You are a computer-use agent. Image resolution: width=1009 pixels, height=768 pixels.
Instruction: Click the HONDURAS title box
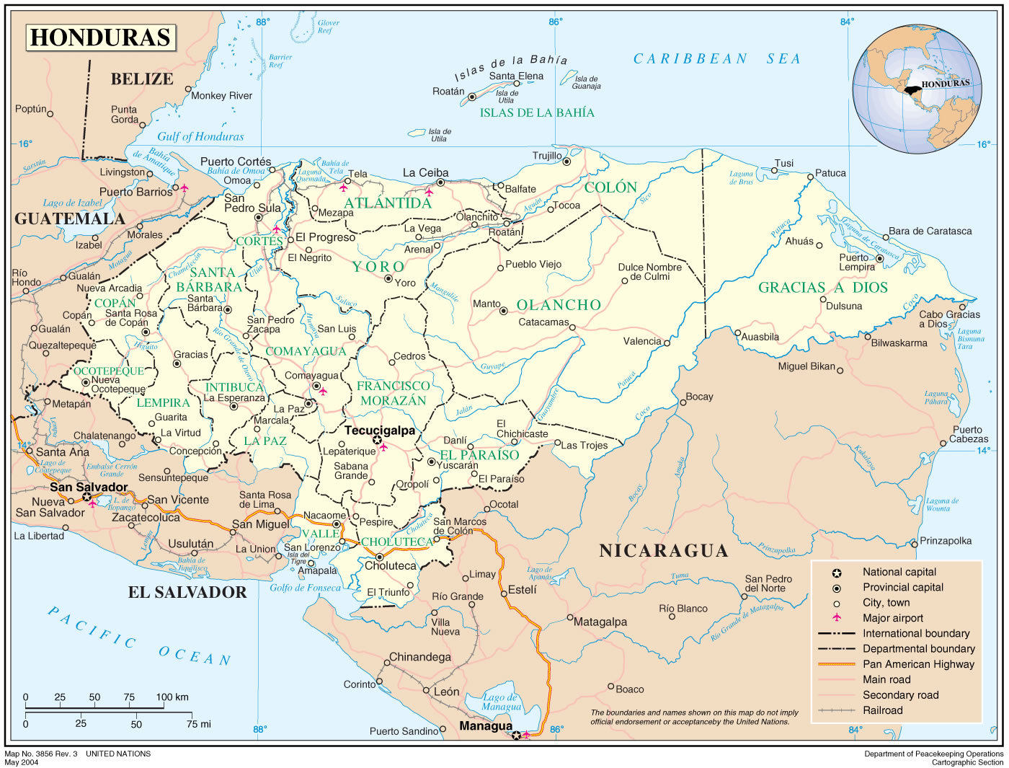point(101,37)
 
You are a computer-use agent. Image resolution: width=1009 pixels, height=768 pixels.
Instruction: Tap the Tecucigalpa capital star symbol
point(377,440)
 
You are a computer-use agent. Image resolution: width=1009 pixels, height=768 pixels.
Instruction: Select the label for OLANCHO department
point(559,305)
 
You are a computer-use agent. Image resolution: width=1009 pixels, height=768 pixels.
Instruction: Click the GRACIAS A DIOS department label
point(822,288)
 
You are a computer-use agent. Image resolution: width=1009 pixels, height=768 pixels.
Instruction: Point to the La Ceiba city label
point(425,173)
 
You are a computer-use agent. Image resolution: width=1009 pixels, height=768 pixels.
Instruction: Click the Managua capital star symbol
point(516,736)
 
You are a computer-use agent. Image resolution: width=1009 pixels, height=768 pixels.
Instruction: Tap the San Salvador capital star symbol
point(87,497)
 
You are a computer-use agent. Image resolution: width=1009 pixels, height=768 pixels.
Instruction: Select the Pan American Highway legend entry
point(918,664)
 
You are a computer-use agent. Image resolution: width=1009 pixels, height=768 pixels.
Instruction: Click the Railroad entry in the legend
point(882,710)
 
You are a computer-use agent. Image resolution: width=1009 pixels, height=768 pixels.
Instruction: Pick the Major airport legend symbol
point(837,618)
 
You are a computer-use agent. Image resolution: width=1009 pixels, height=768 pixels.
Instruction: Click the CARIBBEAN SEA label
point(716,59)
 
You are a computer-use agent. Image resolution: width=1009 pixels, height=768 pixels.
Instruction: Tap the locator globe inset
point(912,89)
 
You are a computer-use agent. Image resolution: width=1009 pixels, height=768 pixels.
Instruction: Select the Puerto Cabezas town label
point(968,434)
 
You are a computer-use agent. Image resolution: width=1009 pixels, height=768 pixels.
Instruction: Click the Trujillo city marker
point(566,162)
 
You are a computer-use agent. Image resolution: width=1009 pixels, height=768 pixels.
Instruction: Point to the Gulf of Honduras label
point(200,136)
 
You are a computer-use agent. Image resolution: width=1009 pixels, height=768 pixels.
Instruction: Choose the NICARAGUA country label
point(663,551)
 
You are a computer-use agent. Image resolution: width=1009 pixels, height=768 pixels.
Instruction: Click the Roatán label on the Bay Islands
point(448,92)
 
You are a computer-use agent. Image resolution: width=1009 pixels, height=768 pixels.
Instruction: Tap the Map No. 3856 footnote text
point(78,754)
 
